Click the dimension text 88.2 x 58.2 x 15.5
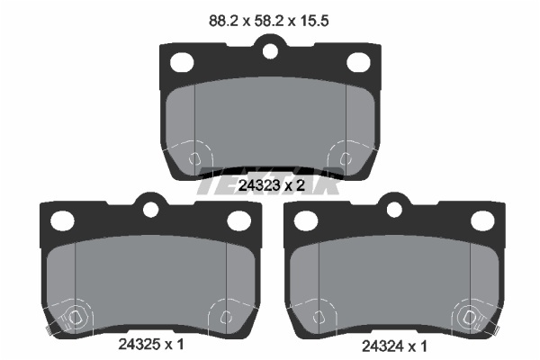click(268, 21)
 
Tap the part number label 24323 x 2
click(272, 185)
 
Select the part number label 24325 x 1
click(151, 344)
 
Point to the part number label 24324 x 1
click(394, 346)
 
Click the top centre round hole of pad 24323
click(270, 51)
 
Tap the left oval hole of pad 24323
click(182, 62)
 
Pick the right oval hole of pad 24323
click(358, 62)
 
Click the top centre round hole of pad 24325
click(150, 210)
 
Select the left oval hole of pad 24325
click(62, 220)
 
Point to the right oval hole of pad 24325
click(239, 220)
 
